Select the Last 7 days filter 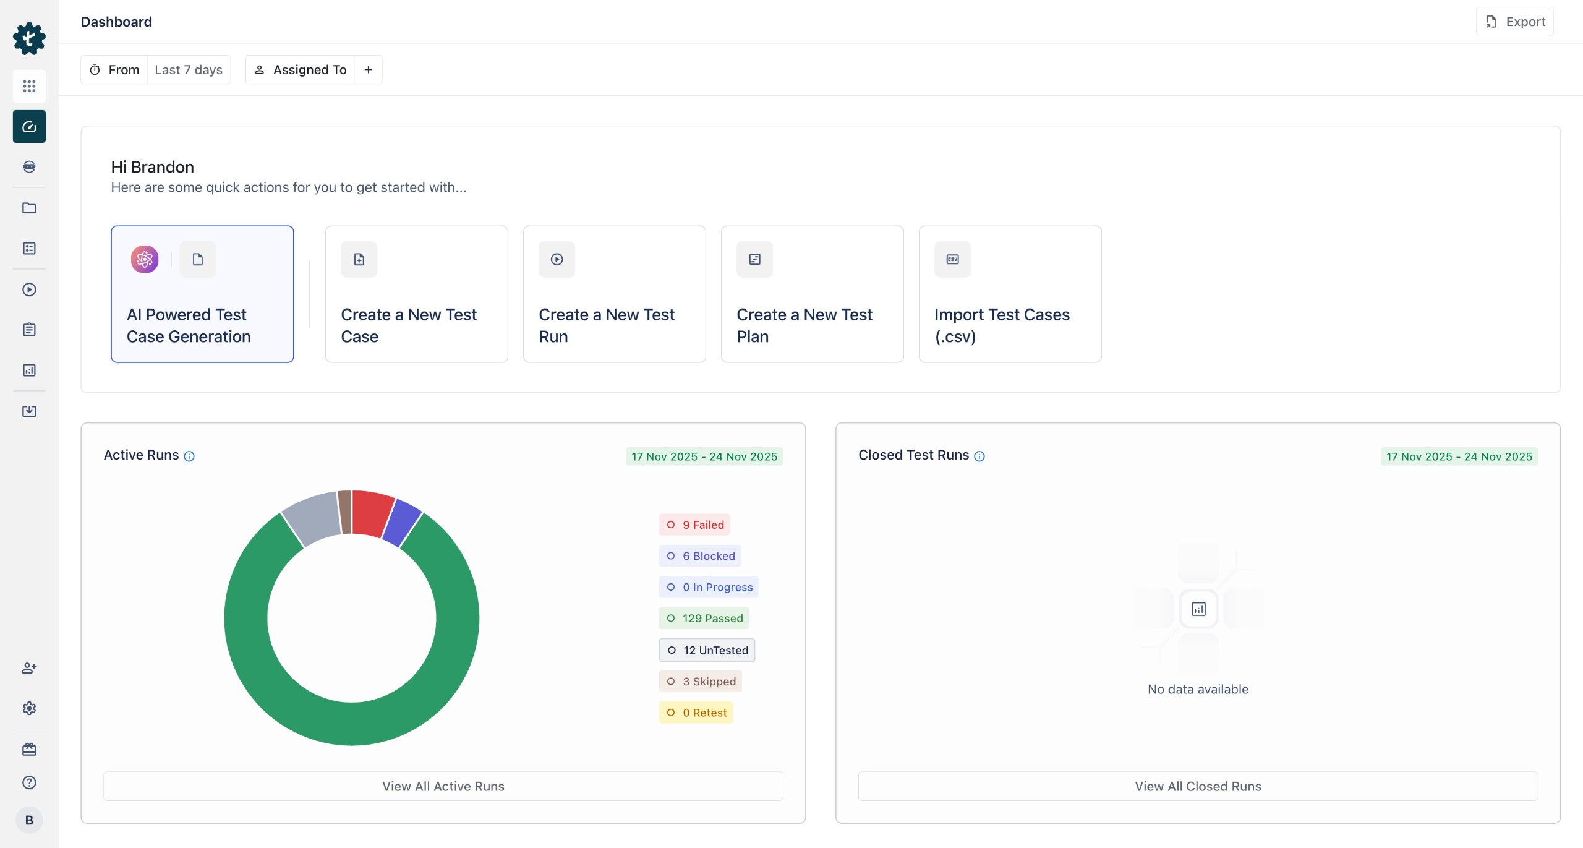point(189,70)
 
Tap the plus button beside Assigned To point(369,70)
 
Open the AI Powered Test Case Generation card point(202,294)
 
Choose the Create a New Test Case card point(416,294)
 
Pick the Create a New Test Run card point(614,294)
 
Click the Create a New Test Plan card point(812,294)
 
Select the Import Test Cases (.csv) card point(1010,294)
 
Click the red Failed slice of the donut point(372,513)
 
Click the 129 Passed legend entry point(704,618)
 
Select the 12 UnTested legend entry point(707,650)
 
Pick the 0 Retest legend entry point(696,713)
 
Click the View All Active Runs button point(443,786)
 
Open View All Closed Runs point(1198,786)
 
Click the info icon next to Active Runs point(189,456)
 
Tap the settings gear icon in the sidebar point(29,708)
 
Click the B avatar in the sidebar point(29,820)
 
